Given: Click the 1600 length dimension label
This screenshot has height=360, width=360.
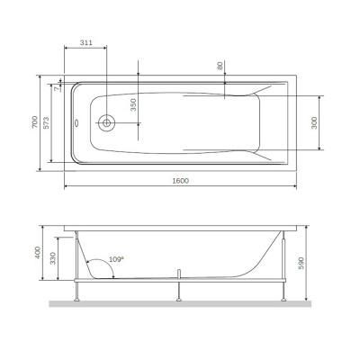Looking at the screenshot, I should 180,181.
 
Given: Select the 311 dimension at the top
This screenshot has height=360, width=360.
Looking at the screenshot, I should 86,43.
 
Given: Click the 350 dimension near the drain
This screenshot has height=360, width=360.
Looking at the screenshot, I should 132,104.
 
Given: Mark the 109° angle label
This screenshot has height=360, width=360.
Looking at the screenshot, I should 115,259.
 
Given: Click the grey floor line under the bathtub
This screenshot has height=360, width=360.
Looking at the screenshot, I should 180,303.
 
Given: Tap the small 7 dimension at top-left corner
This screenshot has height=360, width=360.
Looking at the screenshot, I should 55,87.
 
